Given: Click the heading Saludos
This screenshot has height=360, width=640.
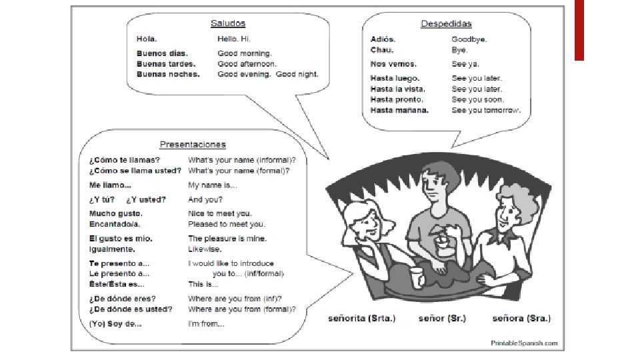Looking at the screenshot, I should click(227, 23).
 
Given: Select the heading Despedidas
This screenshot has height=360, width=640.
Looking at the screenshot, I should click(445, 24).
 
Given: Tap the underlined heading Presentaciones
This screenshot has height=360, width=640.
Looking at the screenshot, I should click(193, 144).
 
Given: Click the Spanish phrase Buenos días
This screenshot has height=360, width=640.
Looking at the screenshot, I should click(162, 53).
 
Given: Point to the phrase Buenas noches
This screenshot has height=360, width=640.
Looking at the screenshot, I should click(168, 74).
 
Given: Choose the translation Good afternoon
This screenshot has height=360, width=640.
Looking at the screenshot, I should click(247, 63).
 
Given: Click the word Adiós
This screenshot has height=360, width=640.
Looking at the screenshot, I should click(384, 39).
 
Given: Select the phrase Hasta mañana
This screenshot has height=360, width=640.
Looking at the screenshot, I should click(399, 110).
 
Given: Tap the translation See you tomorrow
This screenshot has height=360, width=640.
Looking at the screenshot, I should click(486, 110).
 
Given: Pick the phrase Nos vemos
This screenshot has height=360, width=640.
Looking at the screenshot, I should click(393, 64).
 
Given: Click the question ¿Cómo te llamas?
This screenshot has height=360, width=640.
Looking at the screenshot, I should click(124, 160).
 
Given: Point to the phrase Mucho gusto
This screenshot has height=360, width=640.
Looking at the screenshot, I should click(115, 213).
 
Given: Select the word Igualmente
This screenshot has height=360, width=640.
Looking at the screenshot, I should click(113, 249).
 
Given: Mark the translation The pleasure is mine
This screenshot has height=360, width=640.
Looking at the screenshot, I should click(227, 238).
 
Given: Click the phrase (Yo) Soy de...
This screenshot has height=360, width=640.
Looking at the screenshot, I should click(115, 324).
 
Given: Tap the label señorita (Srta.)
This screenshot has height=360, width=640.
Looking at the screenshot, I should click(362, 318).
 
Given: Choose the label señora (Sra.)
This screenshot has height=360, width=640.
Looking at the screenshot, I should click(521, 318).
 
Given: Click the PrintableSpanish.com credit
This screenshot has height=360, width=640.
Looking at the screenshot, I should click(524, 342).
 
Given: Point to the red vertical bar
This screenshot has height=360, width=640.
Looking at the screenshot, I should click(579, 30).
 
